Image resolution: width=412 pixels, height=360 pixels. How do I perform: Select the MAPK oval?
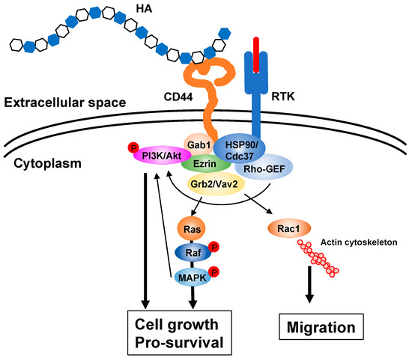click(190, 277)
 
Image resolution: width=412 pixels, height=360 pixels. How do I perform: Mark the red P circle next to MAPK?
click(213, 270)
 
